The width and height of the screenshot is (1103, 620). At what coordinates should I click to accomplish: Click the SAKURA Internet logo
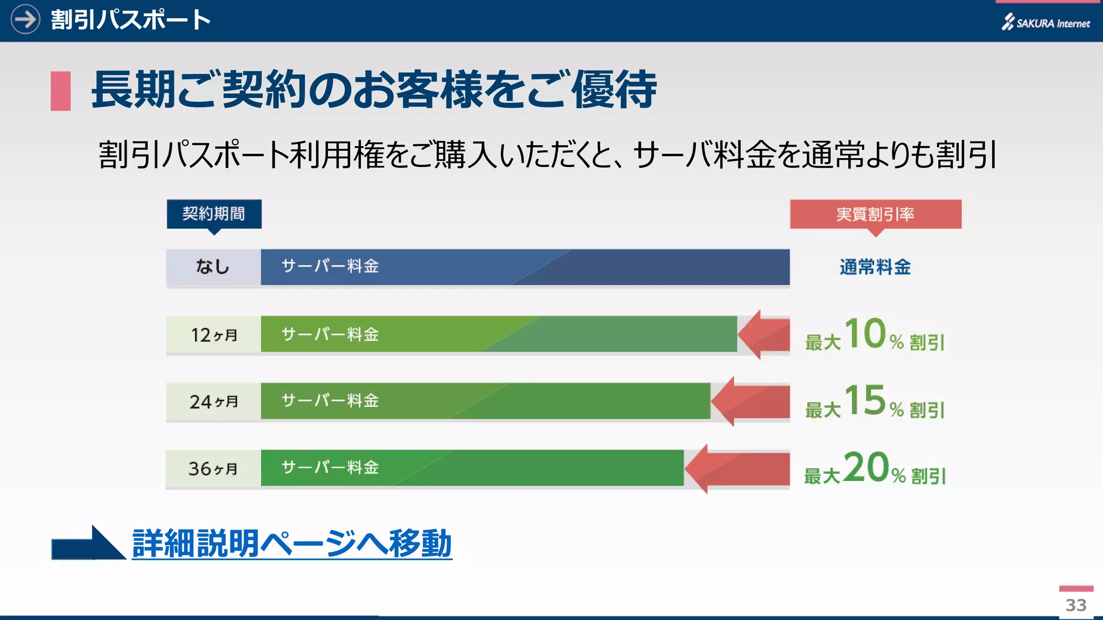1045,23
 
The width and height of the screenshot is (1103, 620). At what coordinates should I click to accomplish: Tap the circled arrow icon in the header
25,19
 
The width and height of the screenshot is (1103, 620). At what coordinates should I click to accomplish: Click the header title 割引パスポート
130,20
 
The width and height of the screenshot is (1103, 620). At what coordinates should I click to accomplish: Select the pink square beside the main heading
60,91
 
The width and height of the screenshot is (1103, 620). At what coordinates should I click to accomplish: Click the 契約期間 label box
214,214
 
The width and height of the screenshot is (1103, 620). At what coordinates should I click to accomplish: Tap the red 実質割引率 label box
875,214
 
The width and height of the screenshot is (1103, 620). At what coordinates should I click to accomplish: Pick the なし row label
213,267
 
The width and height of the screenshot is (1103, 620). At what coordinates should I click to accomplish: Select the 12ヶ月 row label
213,334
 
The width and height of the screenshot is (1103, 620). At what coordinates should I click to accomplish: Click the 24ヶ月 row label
213,401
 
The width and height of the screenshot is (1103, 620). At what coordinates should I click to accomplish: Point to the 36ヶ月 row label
213,468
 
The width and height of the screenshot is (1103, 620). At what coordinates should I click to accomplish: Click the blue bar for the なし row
525,267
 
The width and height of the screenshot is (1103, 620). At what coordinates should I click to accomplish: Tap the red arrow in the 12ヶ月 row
764,334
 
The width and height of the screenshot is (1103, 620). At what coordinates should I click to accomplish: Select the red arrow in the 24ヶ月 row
750,401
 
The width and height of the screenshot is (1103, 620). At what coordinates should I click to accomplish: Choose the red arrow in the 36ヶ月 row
737,468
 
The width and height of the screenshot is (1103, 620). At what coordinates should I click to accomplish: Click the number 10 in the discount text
865,333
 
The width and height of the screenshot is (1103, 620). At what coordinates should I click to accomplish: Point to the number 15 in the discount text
865,400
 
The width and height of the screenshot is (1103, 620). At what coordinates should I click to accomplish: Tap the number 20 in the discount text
865,467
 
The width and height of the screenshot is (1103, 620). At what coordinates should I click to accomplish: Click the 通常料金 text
875,267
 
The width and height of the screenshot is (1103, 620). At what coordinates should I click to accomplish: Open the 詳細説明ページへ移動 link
291,544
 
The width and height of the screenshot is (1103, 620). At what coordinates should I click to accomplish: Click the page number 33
1076,605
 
